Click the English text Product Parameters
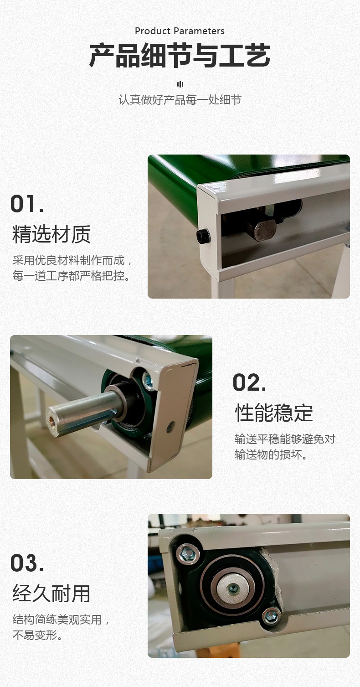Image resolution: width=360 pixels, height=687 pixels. [180, 31]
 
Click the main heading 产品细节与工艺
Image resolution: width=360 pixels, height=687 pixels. [180, 56]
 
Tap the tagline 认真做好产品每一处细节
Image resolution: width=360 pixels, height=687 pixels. [180, 100]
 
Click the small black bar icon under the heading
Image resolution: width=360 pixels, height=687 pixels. [180, 84]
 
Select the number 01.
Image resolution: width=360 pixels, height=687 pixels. [27, 204]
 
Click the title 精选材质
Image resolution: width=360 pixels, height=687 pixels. [51, 234]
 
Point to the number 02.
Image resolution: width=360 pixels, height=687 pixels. [249, 382]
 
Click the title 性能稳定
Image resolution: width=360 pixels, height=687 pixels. [274, 413]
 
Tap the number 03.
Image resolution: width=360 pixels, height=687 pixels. [27, 563]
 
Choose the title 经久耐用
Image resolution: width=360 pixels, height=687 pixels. [51, 593]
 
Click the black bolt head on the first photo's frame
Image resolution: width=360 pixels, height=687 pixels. [203, 236]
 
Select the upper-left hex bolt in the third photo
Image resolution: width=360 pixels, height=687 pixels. [187, 553]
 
